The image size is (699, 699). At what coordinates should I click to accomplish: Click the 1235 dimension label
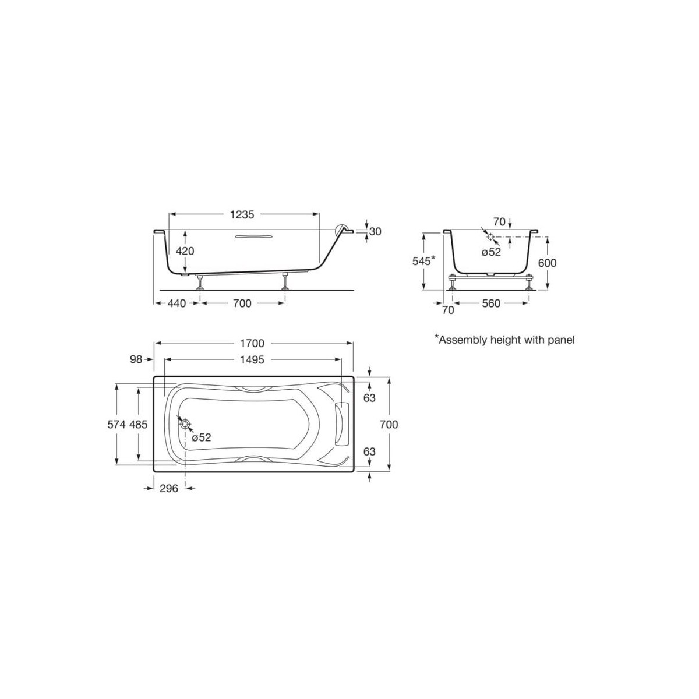(x=242, y=215)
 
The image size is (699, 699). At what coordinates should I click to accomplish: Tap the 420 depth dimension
(x=185, y=250)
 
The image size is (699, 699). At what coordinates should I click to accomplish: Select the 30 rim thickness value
(x=375, y=231)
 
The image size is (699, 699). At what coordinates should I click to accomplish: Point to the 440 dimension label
(x=176, y=303)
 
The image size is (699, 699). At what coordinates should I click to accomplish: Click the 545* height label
(x=423, y=260)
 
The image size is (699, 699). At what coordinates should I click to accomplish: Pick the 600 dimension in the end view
(x=547, y=263)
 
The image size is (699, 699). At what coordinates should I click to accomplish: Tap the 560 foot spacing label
(x=491, y=303)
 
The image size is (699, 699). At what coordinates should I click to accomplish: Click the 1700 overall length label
(x=252, y=343)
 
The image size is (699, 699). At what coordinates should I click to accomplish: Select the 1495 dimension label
(x=252, y=359)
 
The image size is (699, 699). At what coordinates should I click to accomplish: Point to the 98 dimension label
(x=136, y=360)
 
